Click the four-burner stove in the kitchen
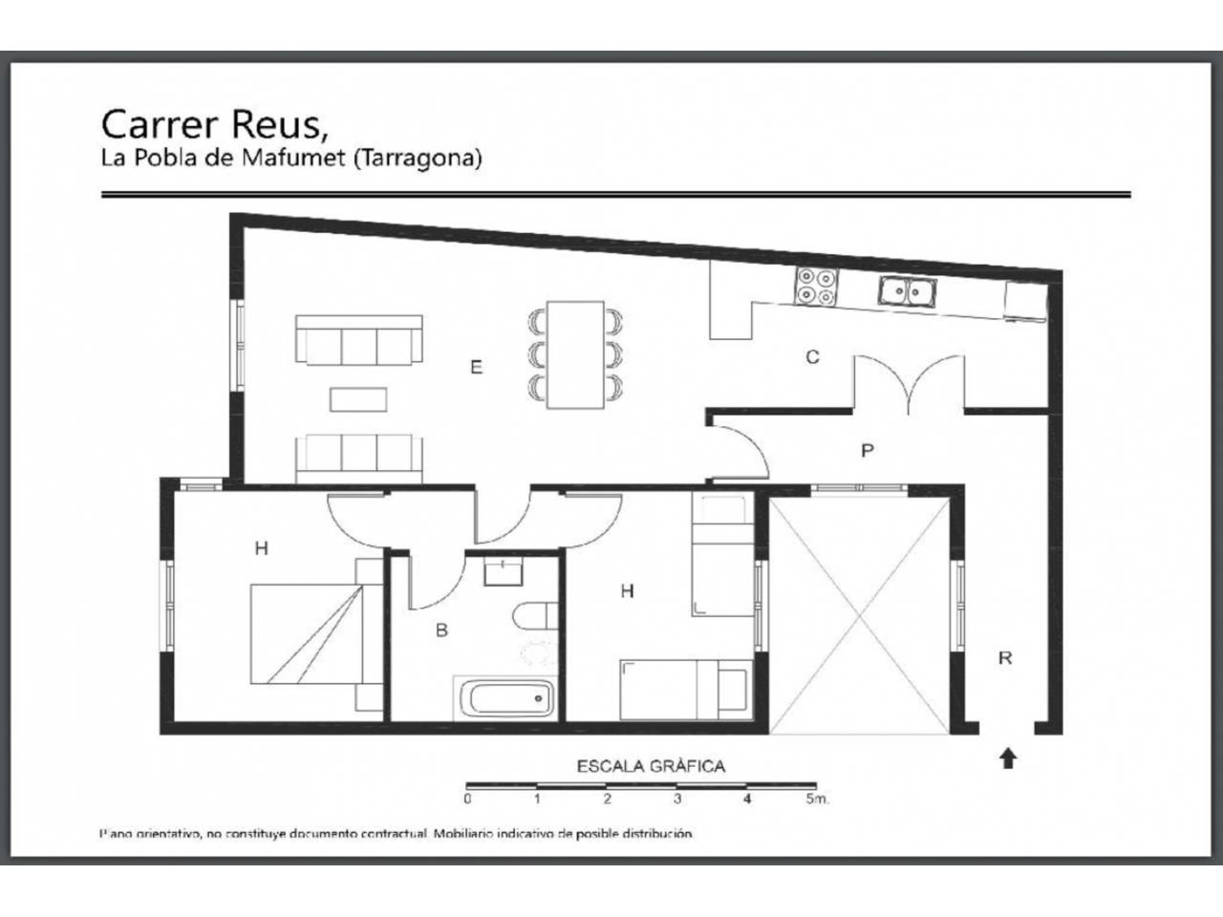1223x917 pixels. coord(816,287)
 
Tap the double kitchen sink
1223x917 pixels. coord(907,291)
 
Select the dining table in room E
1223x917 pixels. coord(575,354)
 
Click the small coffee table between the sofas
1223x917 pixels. coord(358,400)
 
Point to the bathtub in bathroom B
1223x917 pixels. coord(505,699)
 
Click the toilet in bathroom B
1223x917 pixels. coord(535,616)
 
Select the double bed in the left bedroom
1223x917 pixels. coord(316,633)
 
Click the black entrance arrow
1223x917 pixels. coord(1007,759)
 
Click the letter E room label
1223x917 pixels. coord(477,367)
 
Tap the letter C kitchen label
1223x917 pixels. coord(812,357)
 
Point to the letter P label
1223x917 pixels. coord(867,451)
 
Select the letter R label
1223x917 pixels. coord(1005,658)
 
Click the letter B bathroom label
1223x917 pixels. coord(441,630)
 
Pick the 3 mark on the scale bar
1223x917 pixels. coord(677,799)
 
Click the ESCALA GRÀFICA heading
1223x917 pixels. coord(651,767)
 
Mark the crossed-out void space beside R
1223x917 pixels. coord(859,616)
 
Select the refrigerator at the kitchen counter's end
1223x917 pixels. coord(1026,302)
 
